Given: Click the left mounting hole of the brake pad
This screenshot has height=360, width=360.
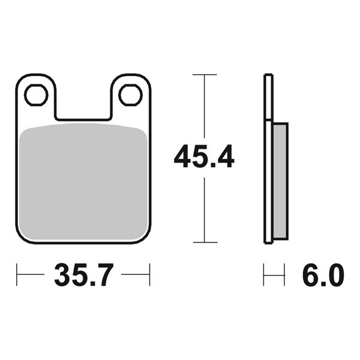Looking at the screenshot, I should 35,95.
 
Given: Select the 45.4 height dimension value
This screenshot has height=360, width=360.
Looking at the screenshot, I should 204,158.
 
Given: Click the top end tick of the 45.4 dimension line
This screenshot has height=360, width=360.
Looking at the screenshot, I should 205,74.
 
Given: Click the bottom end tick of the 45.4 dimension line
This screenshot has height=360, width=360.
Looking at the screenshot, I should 205,242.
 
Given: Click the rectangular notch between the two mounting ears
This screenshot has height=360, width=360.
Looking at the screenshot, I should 83,102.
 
